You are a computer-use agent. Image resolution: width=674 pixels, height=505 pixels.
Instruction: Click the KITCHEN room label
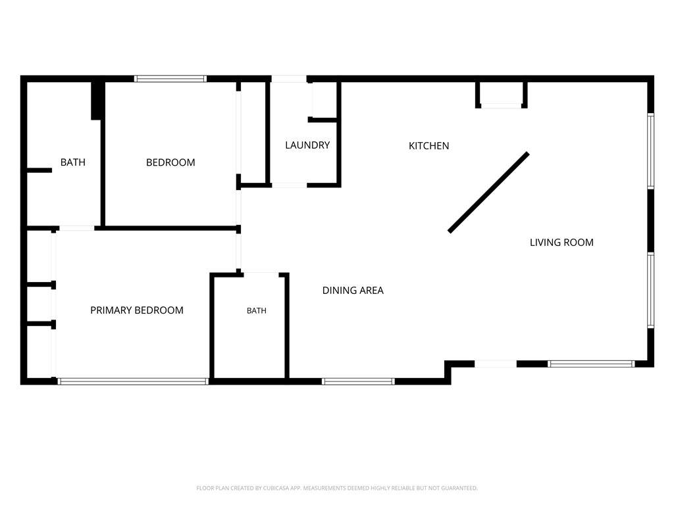pyautogui.click(x=428, y=146)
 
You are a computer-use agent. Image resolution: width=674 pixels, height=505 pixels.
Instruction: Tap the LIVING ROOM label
pyautogui.click(x=561, y=243)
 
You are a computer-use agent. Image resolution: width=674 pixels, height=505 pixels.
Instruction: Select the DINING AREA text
pyautogui.click(x=353, y=291)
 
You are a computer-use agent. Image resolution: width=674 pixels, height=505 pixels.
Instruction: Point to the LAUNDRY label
pyautogui.click(x=307, y=145)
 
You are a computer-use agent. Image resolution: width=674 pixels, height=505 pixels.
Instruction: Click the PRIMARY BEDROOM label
pyautogui.click(x=137, y=310)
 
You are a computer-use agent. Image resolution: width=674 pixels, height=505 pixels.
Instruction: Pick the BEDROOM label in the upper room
pyautogui.click(x=170, y=163)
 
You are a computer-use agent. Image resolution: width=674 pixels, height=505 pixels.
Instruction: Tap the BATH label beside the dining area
pyautogui.click(x=257, y=311)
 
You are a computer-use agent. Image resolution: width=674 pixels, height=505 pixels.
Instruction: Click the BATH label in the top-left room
pyautogui.click(x=72, y=163)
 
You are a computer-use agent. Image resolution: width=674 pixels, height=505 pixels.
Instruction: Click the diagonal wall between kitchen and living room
pyautogui.click(x=489, y=193)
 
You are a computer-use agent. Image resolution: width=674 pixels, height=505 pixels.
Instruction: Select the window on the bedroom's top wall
pyautogui.click(x=170, y=79)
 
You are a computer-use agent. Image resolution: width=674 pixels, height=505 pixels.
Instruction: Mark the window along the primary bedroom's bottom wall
pyautogui.click(x=133, y=381)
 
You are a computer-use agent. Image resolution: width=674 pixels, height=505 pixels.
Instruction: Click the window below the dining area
pyautogui.click(x=358, y=381)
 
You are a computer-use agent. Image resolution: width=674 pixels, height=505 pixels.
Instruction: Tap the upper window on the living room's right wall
pyautogui.click(x=651, y=151)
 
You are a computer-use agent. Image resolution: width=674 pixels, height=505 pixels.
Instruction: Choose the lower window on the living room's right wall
pyautogui.click(x=651, y=290)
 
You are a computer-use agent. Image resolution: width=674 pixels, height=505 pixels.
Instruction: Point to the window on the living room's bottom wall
pyautogui.click(x=592, y=364)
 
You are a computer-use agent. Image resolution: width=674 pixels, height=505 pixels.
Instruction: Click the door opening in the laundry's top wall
pyautogui.click(x=289, y=79)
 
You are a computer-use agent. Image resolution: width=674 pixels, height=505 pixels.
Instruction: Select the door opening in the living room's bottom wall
pyautogui.click(x=496, y=364)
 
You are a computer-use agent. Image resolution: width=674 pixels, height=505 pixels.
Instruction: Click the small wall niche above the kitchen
pyautogui.click(x=501, y=95)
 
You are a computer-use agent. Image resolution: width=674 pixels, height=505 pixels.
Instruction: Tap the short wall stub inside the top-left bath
pyautogui.click(x=39, y=170)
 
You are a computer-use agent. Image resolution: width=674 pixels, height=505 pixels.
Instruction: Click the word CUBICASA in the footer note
pyautogui.click(x=276, y=489)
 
